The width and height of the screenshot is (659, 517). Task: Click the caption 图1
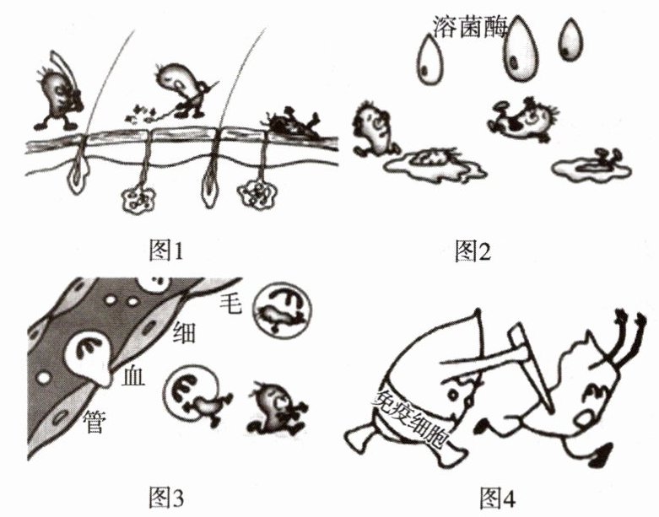pos(164,250)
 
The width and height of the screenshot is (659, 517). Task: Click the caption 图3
pos(164,498)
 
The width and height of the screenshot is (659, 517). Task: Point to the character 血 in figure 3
pos(134,376)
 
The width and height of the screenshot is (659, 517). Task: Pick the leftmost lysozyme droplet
pos(433,61)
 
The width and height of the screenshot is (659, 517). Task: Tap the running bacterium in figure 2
pos(371,129)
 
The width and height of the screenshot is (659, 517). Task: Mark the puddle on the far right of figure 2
pos(591,166)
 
